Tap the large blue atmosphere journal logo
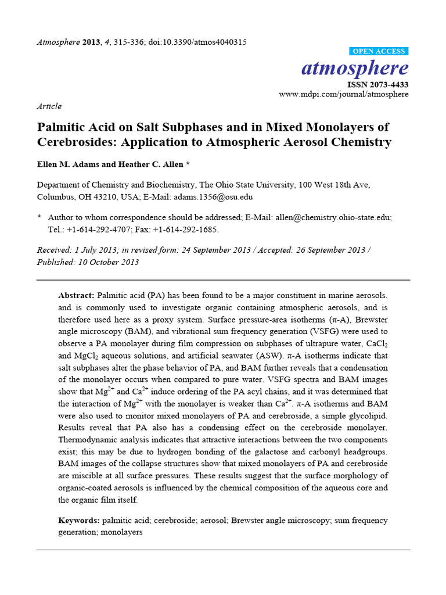(x=355, y=69)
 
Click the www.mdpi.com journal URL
(x=344, y=94)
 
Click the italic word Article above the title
(x=49, y=106)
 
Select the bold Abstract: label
(x=77, y=296)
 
